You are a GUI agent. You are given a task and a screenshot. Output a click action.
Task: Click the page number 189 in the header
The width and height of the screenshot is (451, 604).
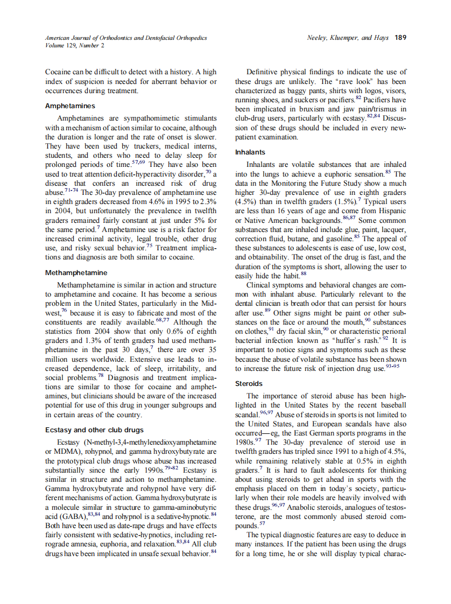pyautogui.click(x=400, y=38)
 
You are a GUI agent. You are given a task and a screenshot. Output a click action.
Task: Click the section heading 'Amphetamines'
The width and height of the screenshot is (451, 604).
pyautogui.click(x=70, y=106)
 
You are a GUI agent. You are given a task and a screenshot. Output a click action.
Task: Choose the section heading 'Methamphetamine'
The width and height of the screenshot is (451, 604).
pyautogui.click(x=76, y=272)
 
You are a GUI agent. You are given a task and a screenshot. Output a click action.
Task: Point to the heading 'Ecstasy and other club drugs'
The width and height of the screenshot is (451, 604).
pyautogui.click(x=94, y=430)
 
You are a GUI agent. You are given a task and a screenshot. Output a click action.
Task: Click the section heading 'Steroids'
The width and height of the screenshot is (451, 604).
pyautogui.click(x=249, y=384)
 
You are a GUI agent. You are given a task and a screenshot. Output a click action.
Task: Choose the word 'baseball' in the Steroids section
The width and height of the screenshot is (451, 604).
pyautogui.click(x=391, y=405)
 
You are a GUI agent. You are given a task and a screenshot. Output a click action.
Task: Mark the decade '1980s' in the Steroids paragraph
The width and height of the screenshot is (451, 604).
pyautogui.click(x=248, y=442)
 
